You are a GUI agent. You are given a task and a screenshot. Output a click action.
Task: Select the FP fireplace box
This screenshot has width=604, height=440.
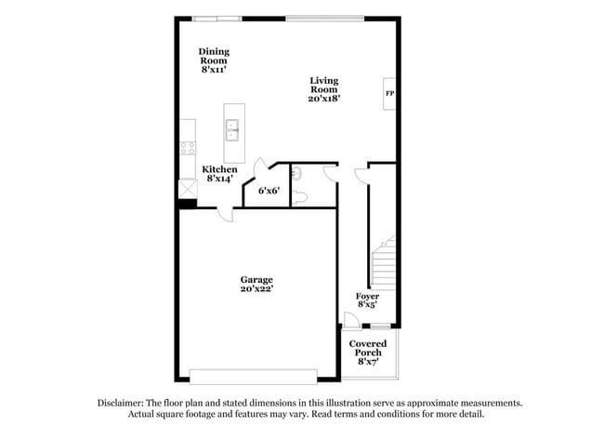pos(389,93)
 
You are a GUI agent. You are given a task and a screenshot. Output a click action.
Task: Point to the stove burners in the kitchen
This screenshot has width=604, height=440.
pos(187,147)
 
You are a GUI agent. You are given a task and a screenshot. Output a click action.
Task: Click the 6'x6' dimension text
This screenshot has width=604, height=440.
pos(269,191)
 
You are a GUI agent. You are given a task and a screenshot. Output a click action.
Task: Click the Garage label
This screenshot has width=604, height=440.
pos(256,279)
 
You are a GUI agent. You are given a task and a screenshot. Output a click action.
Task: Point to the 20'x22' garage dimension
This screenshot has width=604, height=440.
pos(256,289)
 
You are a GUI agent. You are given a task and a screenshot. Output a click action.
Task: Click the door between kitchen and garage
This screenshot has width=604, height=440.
pos(223,212)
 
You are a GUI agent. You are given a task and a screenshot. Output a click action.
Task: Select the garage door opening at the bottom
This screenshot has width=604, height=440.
pos(254,377)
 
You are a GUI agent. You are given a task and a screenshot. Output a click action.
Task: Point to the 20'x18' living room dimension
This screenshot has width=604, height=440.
pos(324,100)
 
